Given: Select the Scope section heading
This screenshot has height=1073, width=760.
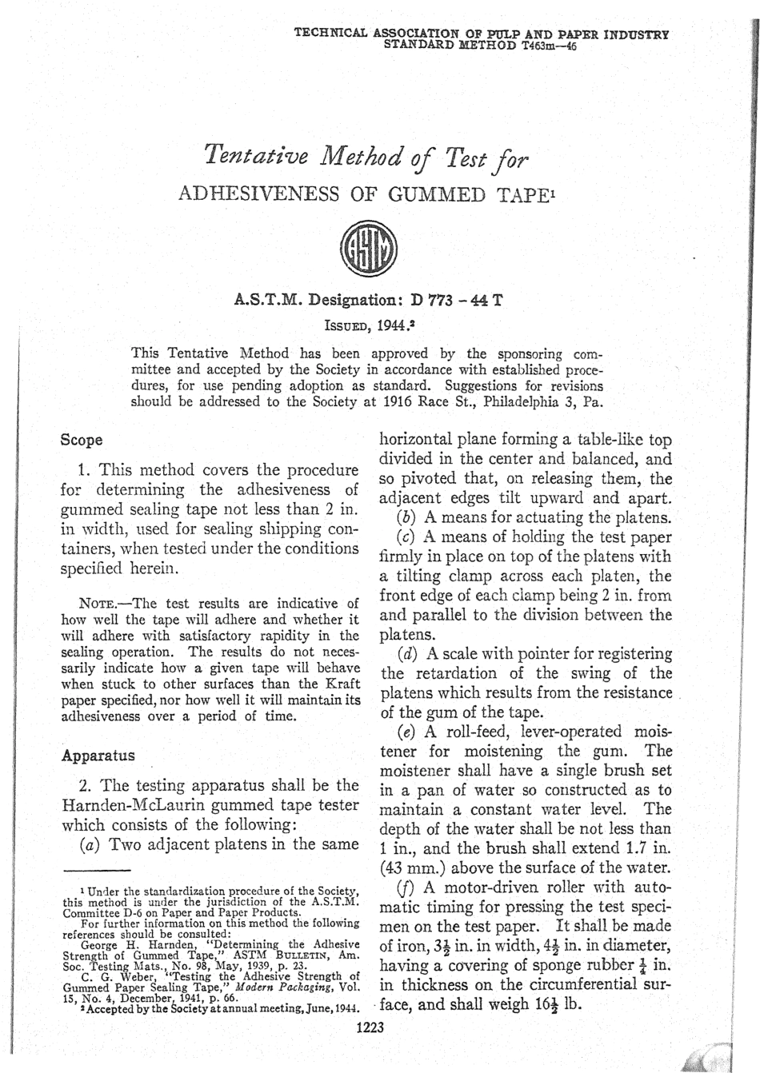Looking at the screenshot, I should (82, 440).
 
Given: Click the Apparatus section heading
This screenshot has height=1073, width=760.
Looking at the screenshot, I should (98, 755).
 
